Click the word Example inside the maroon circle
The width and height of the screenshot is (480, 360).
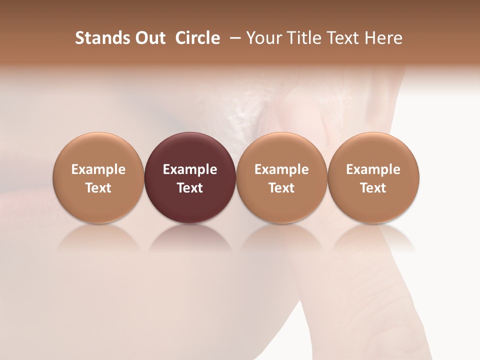coord(190,169)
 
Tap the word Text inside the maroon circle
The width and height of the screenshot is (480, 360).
coord(190,188)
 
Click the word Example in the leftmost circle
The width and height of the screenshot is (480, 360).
coord(98,169)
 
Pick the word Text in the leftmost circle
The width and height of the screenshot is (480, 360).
coord(98,188)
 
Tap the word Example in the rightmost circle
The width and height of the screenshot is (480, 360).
coord(373,169)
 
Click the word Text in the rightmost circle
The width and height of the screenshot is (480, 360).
coord(373,188)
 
